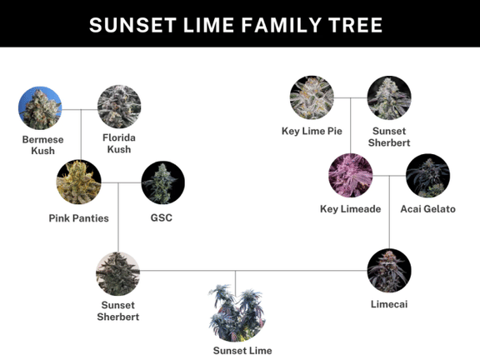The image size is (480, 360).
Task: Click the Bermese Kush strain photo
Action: click(39, 108)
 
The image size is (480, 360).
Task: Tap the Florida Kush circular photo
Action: click(118, 107)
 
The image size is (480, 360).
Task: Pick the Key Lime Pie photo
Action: click(312, 97)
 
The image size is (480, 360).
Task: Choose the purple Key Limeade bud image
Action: click(351, 175)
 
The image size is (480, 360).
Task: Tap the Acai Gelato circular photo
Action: click(427, 176)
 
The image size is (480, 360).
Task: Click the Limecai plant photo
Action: click(389, 271)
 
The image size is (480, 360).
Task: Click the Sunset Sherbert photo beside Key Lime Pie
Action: click(389, 98)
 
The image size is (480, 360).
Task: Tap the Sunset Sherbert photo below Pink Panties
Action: click(117, 273)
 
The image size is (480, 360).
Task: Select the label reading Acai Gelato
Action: click(427, 209)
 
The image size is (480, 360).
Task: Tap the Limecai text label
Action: click(389, 305)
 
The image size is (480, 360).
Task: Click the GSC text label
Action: click(162, 217)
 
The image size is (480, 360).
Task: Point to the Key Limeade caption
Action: click(350, 209)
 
